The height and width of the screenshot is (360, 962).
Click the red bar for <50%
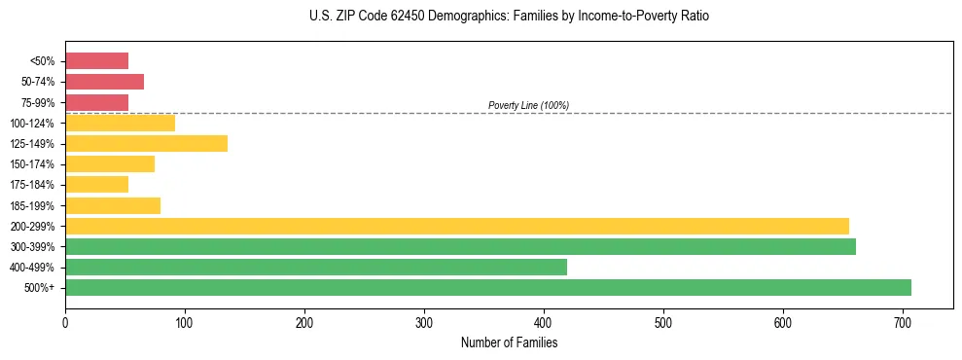click(x=96, y=60)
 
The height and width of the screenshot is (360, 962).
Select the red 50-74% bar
click(x=104, y=81)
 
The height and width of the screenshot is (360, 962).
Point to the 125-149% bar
click(x=146, y=143)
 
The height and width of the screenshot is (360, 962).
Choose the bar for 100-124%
click(x=120, y=123)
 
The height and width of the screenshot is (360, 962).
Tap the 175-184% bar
click(x=96, y=184)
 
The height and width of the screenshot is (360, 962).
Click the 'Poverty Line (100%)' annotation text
click(x=528, y=105)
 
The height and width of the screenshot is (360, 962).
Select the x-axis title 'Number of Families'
click(x=509, y=342)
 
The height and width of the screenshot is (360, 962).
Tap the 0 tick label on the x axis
click(x=65, y=323)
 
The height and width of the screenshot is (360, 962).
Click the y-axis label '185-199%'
click(x=33, y=205)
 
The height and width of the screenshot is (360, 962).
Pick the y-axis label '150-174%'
click(x=33, y=163)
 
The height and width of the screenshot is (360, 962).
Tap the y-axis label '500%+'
click(x=40, y=288)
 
